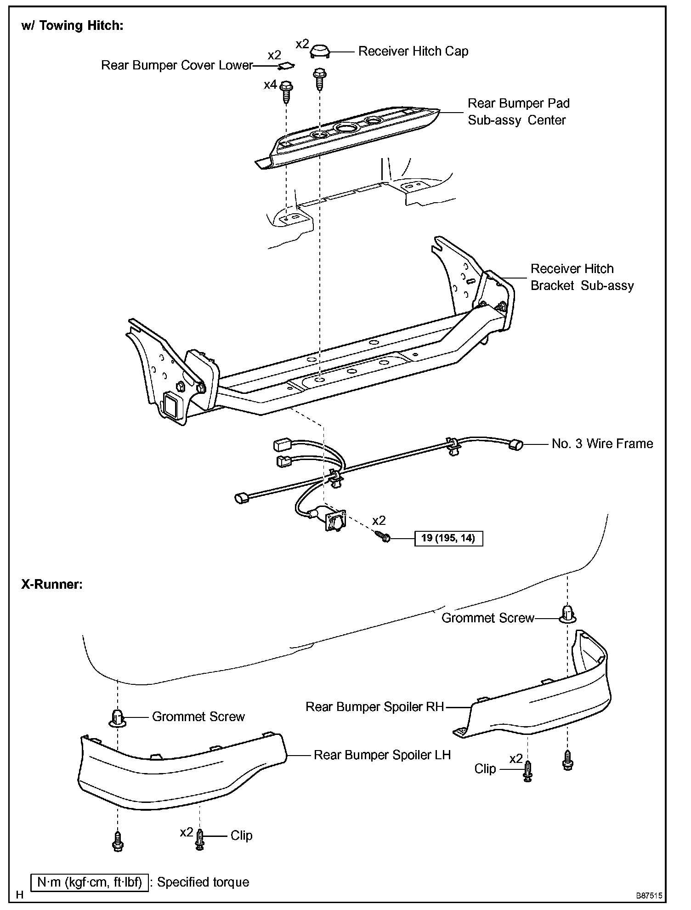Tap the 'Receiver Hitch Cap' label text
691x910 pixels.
(x=413, y=51)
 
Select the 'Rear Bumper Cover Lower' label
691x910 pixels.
(x=177, y=65)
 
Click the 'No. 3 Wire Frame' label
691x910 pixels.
(x=602, y=444)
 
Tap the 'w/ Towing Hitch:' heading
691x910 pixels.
(x=72, y=26)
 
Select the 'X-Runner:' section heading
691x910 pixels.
(x=52, y=585)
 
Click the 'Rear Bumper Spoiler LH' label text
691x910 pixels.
(x=382, y=755)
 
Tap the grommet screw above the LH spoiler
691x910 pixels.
(x=118, y=717)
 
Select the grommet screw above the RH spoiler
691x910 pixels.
(x=568, y=614)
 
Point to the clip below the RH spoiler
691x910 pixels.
(x=528, y=771)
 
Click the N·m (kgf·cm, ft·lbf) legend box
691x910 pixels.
(x=90, y=882)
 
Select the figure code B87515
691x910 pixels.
(x=649, y=896)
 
